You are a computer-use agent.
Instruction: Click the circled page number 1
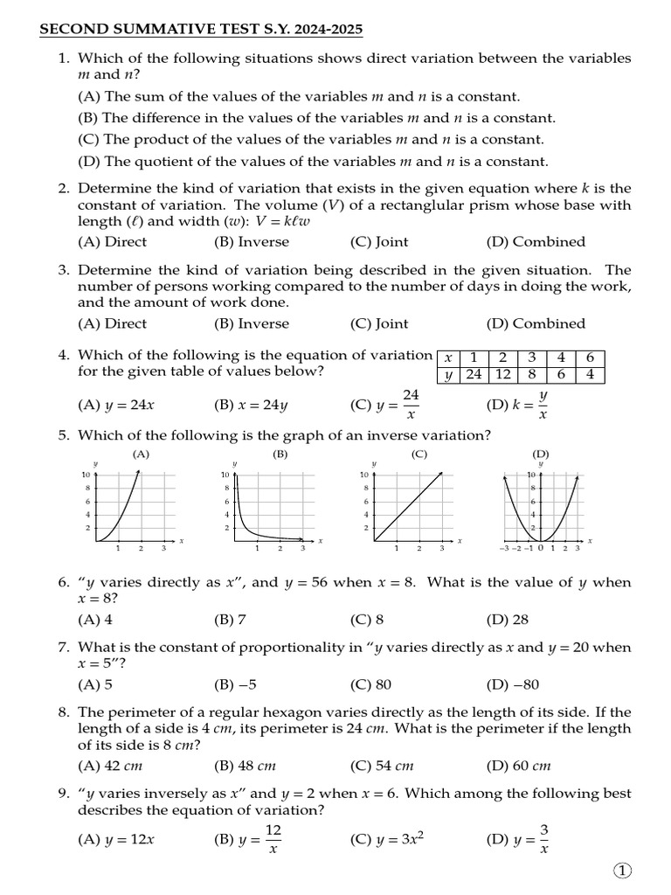pos(621,870)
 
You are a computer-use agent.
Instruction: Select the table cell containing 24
pos(474,374)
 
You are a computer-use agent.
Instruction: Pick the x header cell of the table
pos(447,357)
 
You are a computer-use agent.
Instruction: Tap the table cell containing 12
pos(503,374)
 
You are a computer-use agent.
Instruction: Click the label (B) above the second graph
pos(280,454)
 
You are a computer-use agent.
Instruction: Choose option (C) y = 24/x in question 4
pos(385,405)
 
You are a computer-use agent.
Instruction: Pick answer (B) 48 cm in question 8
pos(245,766)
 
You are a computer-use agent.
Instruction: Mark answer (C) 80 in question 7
pos(370,684)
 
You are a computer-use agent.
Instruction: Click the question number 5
pos(64,435)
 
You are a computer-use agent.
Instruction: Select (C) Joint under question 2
pos(379,242)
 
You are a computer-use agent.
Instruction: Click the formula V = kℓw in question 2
pos(279,221)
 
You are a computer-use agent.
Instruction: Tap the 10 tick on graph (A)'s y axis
pos(86,474)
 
